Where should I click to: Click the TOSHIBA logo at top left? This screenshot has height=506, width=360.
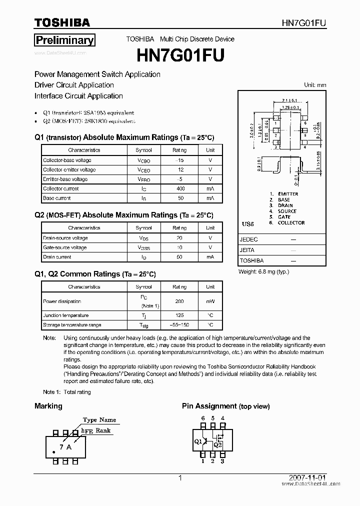[62, 22]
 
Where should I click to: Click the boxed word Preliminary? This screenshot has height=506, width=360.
[64, 40]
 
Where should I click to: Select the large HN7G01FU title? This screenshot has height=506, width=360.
[180, 53]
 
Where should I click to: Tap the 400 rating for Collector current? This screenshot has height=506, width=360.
[180, 188]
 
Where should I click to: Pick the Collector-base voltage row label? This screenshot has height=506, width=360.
[67, 160]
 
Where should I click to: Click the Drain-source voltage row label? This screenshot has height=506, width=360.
[65, 238]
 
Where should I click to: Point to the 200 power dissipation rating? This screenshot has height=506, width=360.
[179, 301]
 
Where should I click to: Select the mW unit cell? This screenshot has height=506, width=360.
[210, 301]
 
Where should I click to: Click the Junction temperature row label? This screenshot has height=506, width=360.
[66, 315]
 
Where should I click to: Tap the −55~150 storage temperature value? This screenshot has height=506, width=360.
[179, 325]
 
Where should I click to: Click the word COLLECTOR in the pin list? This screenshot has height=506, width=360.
[291, 223]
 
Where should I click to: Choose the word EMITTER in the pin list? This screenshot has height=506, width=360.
[288, 194]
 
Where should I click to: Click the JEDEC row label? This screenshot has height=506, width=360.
[248, 239]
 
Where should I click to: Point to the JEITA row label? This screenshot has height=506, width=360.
[247, 250]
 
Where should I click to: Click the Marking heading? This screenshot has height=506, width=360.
[48, 406]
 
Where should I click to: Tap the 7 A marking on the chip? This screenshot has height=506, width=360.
[65, 447]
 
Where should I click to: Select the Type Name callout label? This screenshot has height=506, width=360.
[99, 420]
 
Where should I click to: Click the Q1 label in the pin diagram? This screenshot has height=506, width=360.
[198, 441]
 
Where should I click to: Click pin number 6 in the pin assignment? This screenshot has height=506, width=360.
[203, 418]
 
